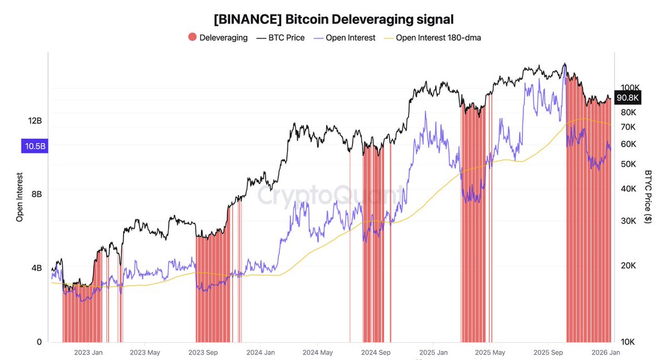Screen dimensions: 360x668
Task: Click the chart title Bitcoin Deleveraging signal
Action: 333,19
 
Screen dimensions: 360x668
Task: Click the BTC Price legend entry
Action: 281,38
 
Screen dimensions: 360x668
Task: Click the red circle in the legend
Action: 193,38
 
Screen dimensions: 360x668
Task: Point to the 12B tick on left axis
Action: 36,121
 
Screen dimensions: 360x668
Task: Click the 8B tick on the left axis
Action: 36,194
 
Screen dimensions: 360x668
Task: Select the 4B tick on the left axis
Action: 36,268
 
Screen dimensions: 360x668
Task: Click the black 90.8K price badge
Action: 628,98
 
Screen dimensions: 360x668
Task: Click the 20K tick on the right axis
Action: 628,265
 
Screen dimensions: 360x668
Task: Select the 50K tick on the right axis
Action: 628,164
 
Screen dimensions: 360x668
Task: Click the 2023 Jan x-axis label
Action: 88,352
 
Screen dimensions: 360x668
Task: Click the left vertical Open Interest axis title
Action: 19,197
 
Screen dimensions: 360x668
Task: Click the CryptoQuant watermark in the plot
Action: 328,196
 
